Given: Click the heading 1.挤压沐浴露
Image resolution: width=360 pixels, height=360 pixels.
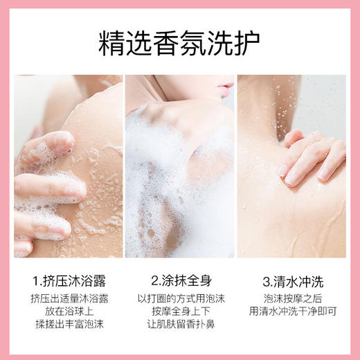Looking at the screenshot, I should [x=68, y=280].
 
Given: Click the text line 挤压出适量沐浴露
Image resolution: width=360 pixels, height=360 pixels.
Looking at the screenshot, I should [x=68, y=298].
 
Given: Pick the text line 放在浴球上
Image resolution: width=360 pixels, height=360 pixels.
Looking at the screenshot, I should [x=68, y=312].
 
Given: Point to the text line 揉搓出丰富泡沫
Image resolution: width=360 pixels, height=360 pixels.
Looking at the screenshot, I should [x=68, y=325].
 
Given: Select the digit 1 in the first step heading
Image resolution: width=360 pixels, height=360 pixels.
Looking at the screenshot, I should [x=35, y=280].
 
